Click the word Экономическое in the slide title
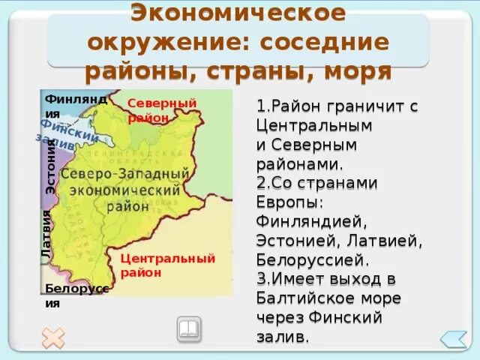(x=239, y=13)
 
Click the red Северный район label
(x=161, y=109)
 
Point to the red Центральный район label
(x=167, y=265)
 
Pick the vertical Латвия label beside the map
(x=46, y=235)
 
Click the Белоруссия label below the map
(x=76, y=296)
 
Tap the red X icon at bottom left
(x=53, y=337)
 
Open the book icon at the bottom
(x=188, y=328)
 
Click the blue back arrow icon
(x=453, y=339)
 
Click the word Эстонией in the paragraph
(x=293, y=241)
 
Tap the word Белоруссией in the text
(x=313, y=261)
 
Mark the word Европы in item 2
(x=289, y=202)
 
